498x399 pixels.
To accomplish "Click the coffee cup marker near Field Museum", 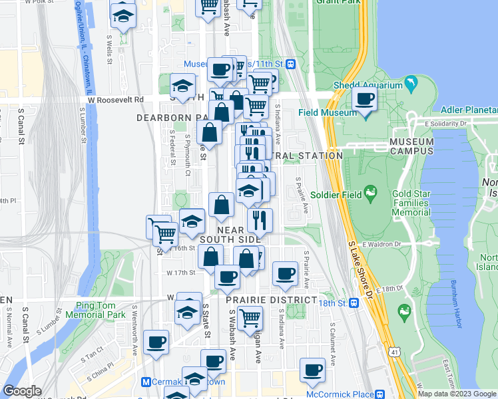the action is [x=364, y=100].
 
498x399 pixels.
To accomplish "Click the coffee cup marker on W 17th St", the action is [x=227, y=276].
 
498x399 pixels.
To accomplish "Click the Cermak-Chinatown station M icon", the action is [x=146, y=382].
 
